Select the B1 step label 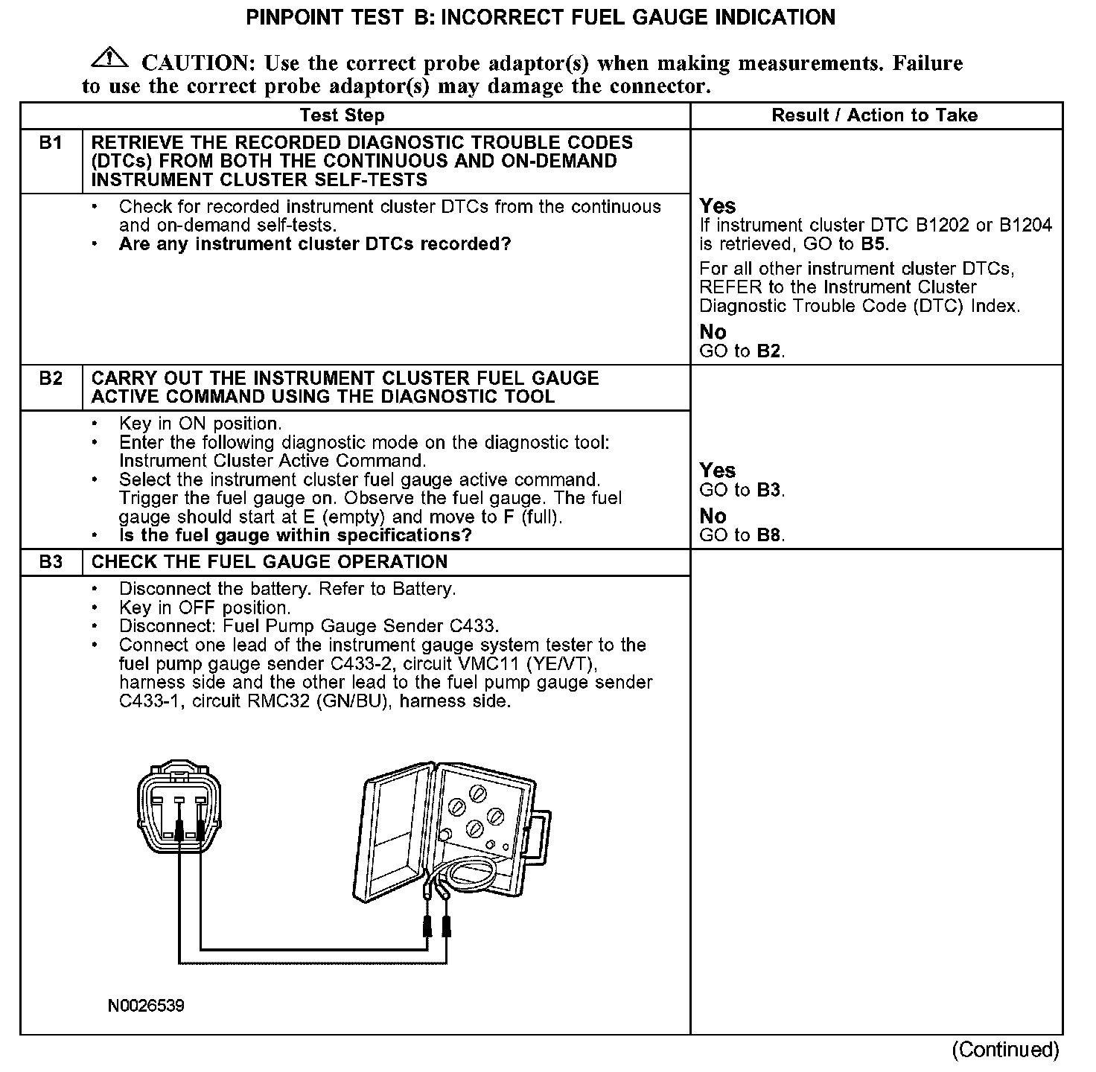pyautogui.click(x=51, y=142)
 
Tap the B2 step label pyautogui.click(x=51, y=378)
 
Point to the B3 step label pyautogui.click(x=51, y=562)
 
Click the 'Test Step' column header pyautogui.click(x=342, y=115)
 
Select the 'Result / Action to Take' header pyautogui.click(x=874, y=115)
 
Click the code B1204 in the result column pyautogui.click(x=1025, y=226)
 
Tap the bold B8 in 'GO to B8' pyautogui.click(x=770, y=535)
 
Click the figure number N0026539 pyautogui.click(x=146, y=1006)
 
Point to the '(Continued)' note pyautogui.click(x=1005, y=1050)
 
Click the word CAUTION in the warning pyautogui.click(x=195, y=63)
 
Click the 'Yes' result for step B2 pyautogui.click(x=717, y=470)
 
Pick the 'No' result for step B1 pyautogui.click(x=713, y=332)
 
